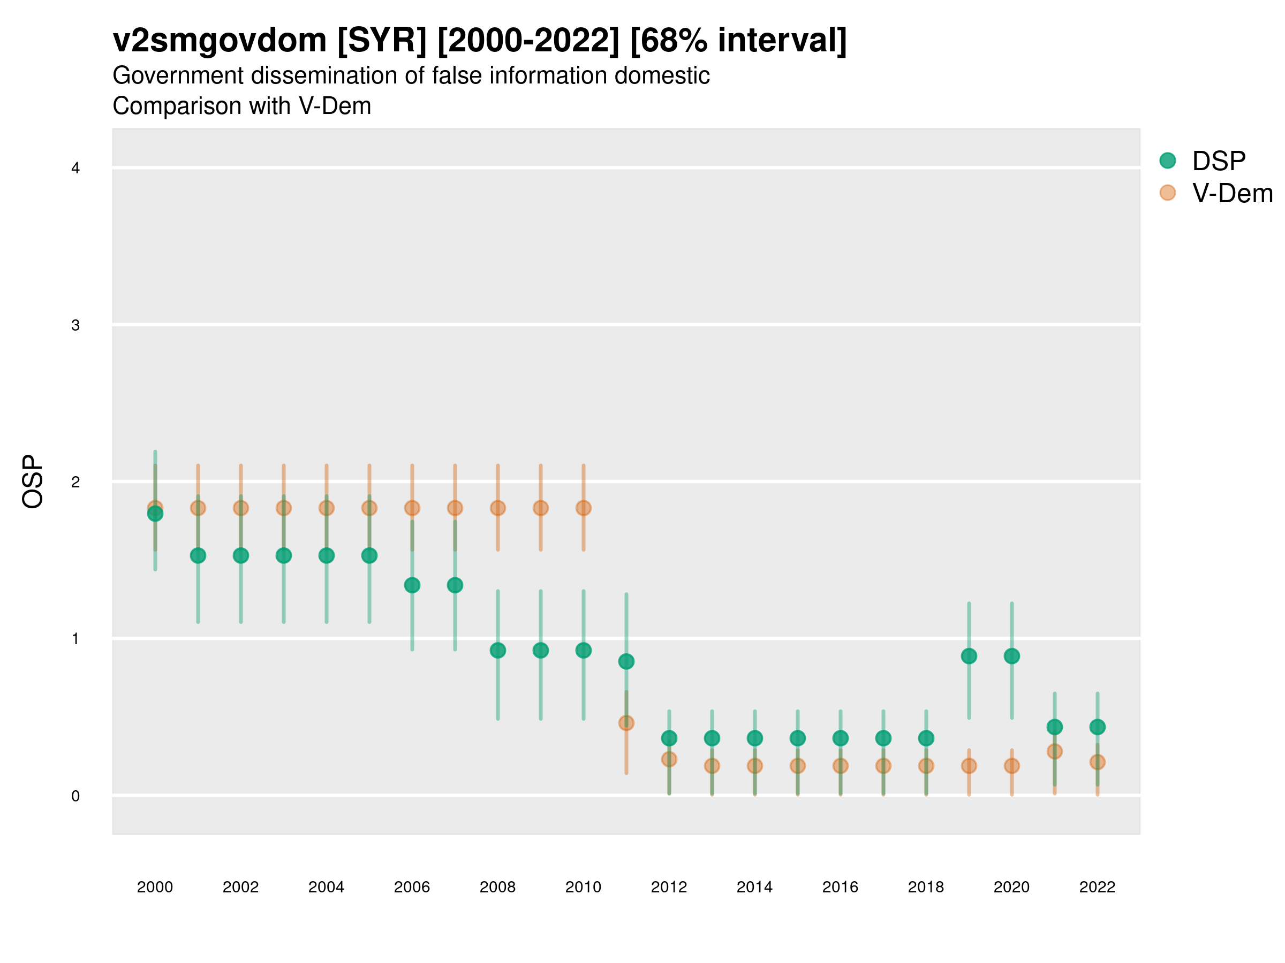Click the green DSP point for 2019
[x=969, y=656]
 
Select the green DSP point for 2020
[x=1011, y=656]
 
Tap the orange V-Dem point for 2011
[x=626, y=723]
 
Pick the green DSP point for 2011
[x=626, y=661]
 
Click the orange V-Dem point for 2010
[x=583, y=508]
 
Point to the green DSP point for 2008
[x=498, y=650]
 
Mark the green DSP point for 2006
[x=412, y=585]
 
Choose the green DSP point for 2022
[x=1098, y=727]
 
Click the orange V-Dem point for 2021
[x=1054, y=751]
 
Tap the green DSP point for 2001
[x=198, y=555]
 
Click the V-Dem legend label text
[x=1232, y=193]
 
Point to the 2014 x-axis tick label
[x=754, y=887]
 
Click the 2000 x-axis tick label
[x=155, y=887]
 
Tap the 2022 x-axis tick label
[x=1098, y=887]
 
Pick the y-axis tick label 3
[x=75, y=325]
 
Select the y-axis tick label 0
[x=75, y=796]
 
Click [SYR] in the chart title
[x=382, y=41]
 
